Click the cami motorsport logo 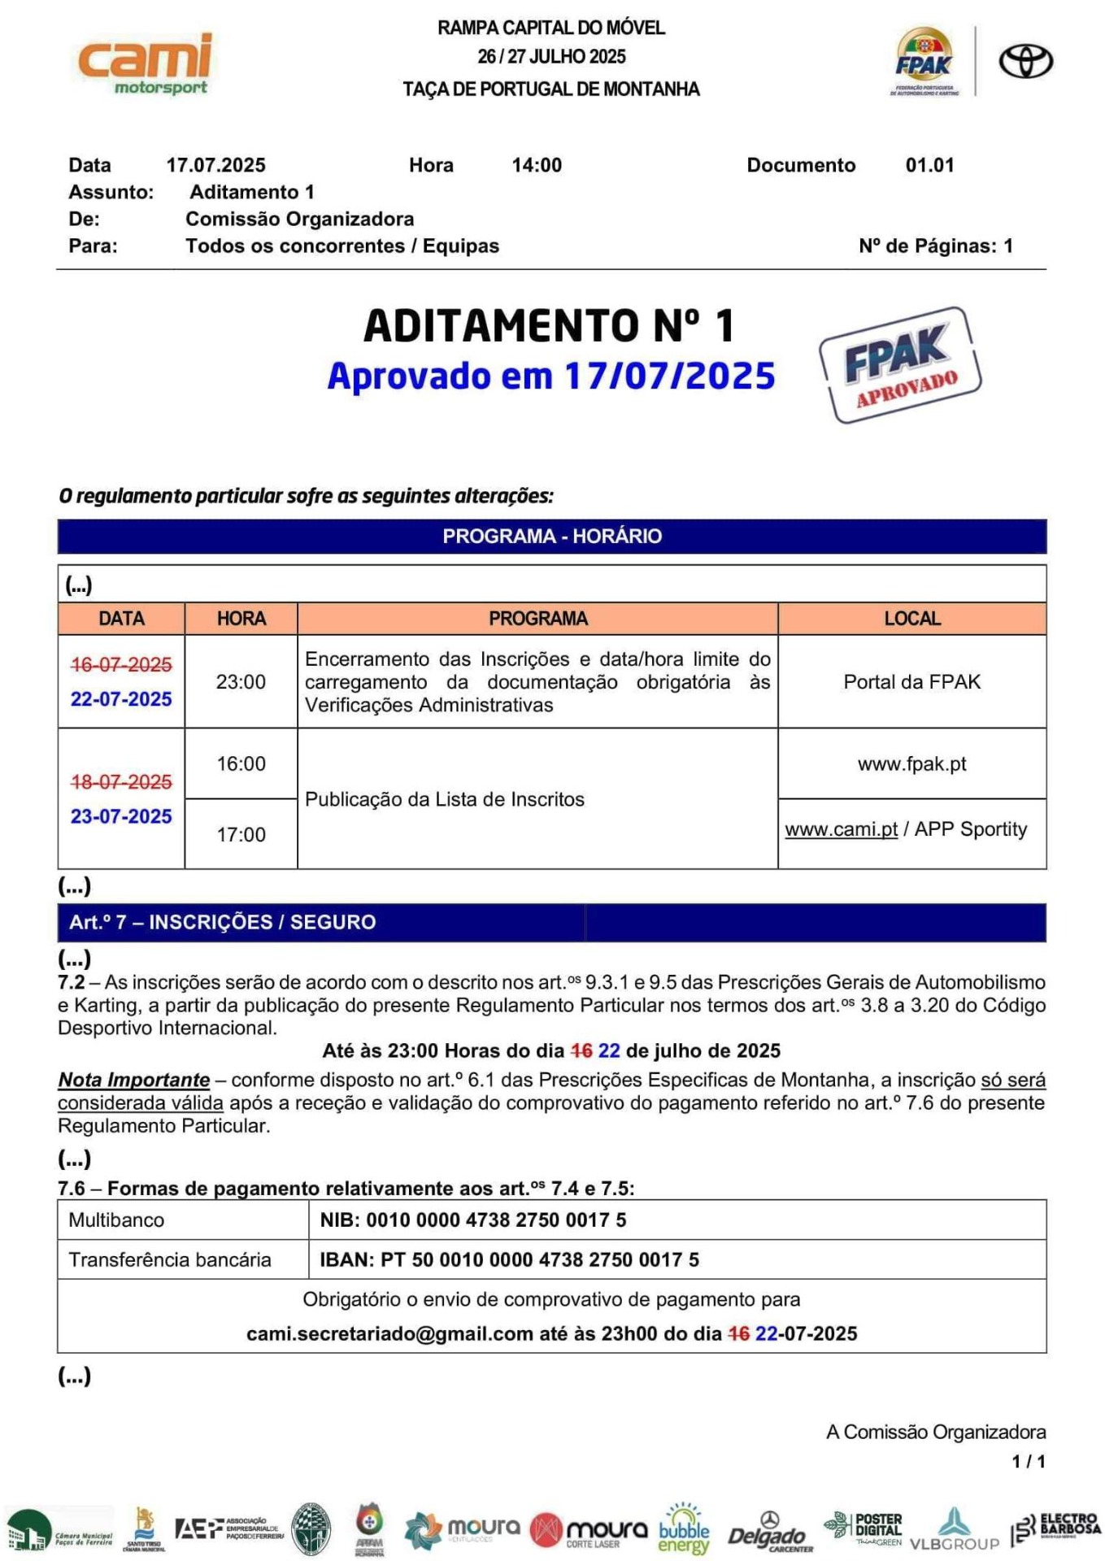coord(145,63)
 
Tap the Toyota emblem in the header coord(1025,62)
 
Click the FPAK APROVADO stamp coord(900,365)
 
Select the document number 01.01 coord(929,165)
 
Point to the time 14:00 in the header coord(537,165)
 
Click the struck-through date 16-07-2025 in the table coord(121,664)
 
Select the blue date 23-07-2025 coord(121,816)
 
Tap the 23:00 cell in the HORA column coord(241,681)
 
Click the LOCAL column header coord(911,618)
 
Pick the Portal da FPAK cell coord(911,681)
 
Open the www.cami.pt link coord(841,829)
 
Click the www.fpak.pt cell coord(911,763)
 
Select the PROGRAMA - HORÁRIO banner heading coord(551,536)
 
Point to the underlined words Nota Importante coord(133,1080)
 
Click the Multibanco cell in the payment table coord(116,1220)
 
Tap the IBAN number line coord(509,1259)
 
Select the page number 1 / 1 coord(1029,1461)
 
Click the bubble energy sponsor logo coord(683,1529)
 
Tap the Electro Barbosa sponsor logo coord(1056,1528)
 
